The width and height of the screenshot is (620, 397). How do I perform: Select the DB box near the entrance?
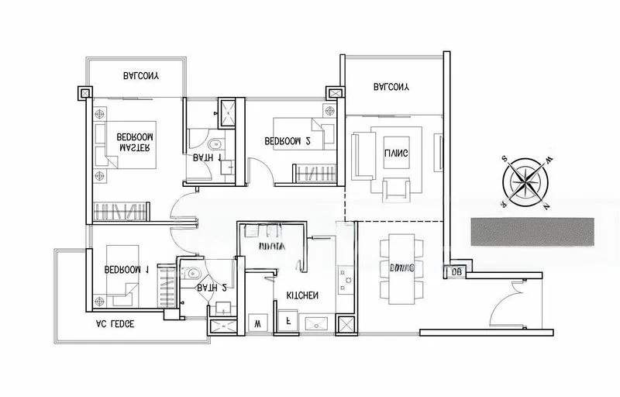click(455, 272)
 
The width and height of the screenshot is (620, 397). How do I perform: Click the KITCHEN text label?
click(301, 296)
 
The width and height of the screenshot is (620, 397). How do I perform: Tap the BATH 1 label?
click(207, 157)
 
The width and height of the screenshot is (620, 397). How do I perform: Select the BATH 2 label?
click(211, 288)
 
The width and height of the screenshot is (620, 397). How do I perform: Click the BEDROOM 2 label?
click(288, 141)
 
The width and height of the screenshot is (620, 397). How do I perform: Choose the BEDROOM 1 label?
click(126, 270)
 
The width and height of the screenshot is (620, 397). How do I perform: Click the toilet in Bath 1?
click(215, 143)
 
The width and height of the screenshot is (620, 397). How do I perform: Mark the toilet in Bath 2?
click(191, 274)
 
